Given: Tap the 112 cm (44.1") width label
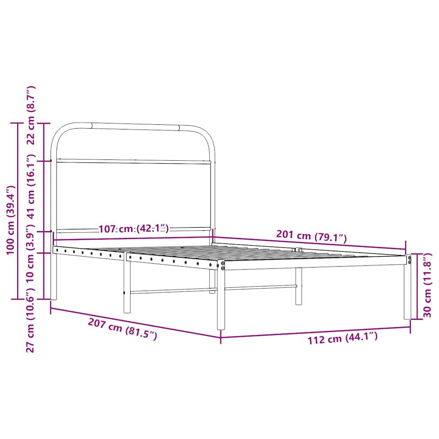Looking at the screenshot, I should pyautogui.click(x=343, y=339).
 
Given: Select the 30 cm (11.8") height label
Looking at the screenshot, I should pyautogui.click(x=427, y=286).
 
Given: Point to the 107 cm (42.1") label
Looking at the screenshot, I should pyautogui.click(x=134, y=229).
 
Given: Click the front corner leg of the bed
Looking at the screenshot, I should pyautogui.click(x=221, y=300).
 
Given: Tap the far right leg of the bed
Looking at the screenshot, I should pyautogui.click(x=407, y=292).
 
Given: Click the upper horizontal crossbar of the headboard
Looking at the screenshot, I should pyautogui.click(x=133, y=162).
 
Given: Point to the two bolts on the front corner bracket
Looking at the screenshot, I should pyautogui.click(x=223, y=265).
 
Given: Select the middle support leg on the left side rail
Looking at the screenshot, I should pyautogui.click(x=127, y=287).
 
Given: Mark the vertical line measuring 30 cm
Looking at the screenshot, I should pyautogui.click(x=418, y=286).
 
